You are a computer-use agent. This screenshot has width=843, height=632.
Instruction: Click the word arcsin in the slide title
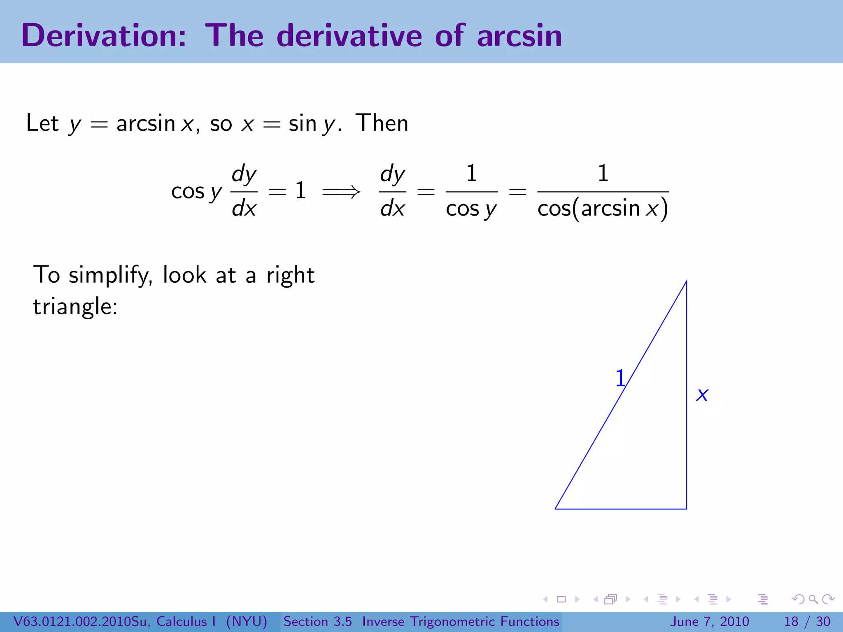[x=519, y=36]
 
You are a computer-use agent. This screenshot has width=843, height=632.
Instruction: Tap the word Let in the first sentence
[x=42, y=123]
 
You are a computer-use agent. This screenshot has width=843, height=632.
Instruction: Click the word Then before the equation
[x=382, y=123]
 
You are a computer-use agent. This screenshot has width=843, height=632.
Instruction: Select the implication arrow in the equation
[x=341, y=191]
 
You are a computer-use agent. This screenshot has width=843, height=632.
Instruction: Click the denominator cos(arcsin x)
[x=603, y=208]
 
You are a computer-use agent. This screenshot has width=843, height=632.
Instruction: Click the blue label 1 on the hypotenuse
[x=620, y=378]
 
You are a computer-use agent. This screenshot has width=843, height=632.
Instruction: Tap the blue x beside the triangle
[x=702, y=395]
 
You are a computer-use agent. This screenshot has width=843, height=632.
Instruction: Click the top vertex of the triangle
[x=686, y=281]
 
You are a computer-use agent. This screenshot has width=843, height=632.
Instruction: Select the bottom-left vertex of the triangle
[x=556, y=509]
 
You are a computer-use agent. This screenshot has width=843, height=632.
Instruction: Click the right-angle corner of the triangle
[x=686, y=509]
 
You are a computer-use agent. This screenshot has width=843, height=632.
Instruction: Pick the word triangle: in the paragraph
[x=75, y=307]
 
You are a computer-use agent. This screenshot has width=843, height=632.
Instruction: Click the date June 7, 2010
[x=710, y=621]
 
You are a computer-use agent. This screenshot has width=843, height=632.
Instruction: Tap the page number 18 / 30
[x=807, y=621]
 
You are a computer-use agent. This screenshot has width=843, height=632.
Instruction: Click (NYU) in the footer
[x=247, y=621]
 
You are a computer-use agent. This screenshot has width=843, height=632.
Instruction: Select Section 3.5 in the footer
[x=317, y=621]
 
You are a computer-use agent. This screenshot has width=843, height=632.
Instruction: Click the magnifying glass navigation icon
[x=813, y=599]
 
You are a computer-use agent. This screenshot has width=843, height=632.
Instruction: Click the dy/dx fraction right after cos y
[x=244, y=191]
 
